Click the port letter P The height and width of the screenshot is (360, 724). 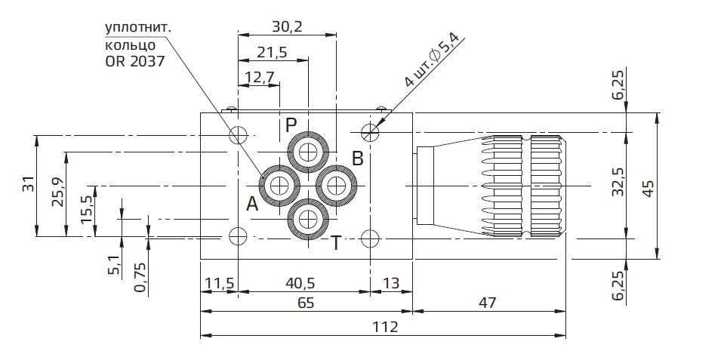[x=292, y=125]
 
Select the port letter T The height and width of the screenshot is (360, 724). [x=336, y=242]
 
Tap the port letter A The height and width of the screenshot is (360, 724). [x=252, y=204]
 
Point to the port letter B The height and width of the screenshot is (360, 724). [x=358, y=158]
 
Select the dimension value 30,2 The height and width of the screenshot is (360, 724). [x=287, y=27]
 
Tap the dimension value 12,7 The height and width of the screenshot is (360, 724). [x=258, y=76]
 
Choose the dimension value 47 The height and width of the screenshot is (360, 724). [x=488, y=303]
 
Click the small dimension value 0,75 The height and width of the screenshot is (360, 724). [x=139, y=278]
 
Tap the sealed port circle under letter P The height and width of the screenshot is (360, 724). [x=307, y=152]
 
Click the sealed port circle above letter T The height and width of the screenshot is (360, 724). [x=307, y=219]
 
